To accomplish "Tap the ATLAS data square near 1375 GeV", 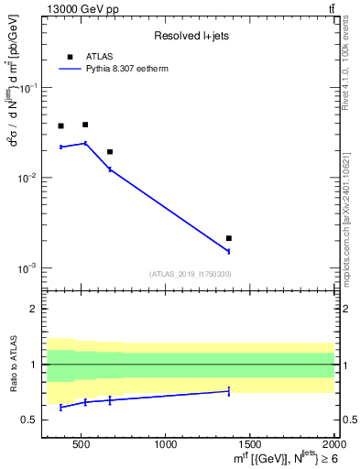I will [x=229, y=238].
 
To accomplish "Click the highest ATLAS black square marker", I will [x=85, y=125].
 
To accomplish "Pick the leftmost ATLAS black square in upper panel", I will [x=60, y=126].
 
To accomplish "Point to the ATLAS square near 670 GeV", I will [x=110, y=152].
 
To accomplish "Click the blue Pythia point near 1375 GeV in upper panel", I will [x=229, y=251].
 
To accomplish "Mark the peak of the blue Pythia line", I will [x=85, y=143].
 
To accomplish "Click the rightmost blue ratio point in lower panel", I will [x=229, y=391].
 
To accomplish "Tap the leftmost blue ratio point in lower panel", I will [x=60, y=407].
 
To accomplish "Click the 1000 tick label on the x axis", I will [x=165, y=446].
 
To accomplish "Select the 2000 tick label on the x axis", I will [x=333, y=446].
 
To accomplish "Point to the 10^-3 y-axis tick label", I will [x=38, y=268].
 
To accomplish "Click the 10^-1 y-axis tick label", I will [x=38, y=88].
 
